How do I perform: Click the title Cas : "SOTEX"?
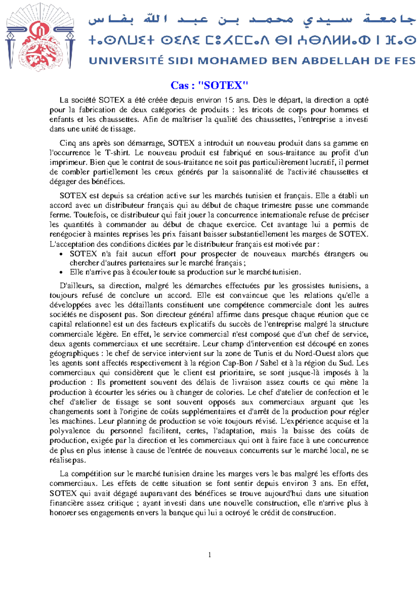coord(209,85)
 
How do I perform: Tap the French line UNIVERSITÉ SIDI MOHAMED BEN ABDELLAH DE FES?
coord(252,61)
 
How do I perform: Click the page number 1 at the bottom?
coord(209,555)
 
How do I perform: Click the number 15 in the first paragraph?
coord(229,100)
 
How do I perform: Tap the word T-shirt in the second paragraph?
coord(117,153)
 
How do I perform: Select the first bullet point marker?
coord(61,254)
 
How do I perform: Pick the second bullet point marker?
coord(61,273)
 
